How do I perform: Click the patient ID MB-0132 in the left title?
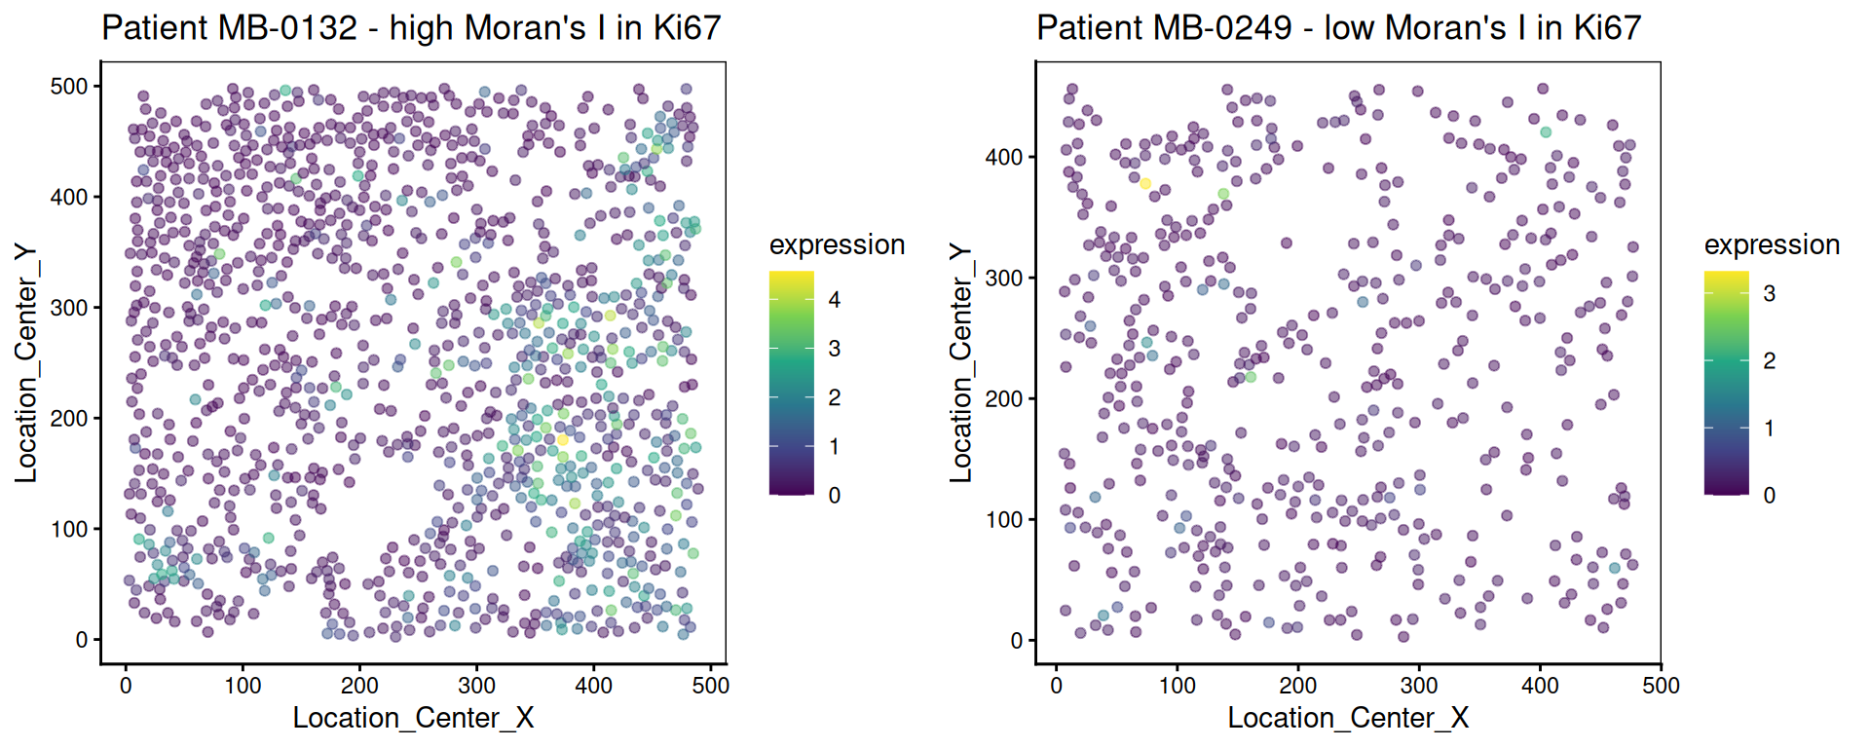[288, 27]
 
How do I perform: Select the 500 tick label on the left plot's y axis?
[69, 87]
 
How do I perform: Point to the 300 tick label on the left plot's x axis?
[477, 686]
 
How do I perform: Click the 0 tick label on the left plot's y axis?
[82, 640]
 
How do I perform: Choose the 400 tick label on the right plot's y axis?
[1004, 157]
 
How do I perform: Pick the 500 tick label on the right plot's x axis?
[1661, 686]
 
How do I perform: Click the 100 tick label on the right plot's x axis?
[1178, 686]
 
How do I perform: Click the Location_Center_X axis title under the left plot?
[413, 719]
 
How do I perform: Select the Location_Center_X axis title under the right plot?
[1348, 719]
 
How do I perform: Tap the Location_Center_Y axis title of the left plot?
[26, 362]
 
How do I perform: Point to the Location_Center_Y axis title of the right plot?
[961, 362]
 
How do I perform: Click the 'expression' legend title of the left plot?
[837, 244]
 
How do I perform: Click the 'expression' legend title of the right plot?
[1772, 244]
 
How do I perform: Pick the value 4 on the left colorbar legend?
[835, 300]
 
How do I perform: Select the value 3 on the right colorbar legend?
[1770, 293]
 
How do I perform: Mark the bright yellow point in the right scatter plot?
[1145, 184]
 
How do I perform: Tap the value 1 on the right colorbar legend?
[1770, 429]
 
